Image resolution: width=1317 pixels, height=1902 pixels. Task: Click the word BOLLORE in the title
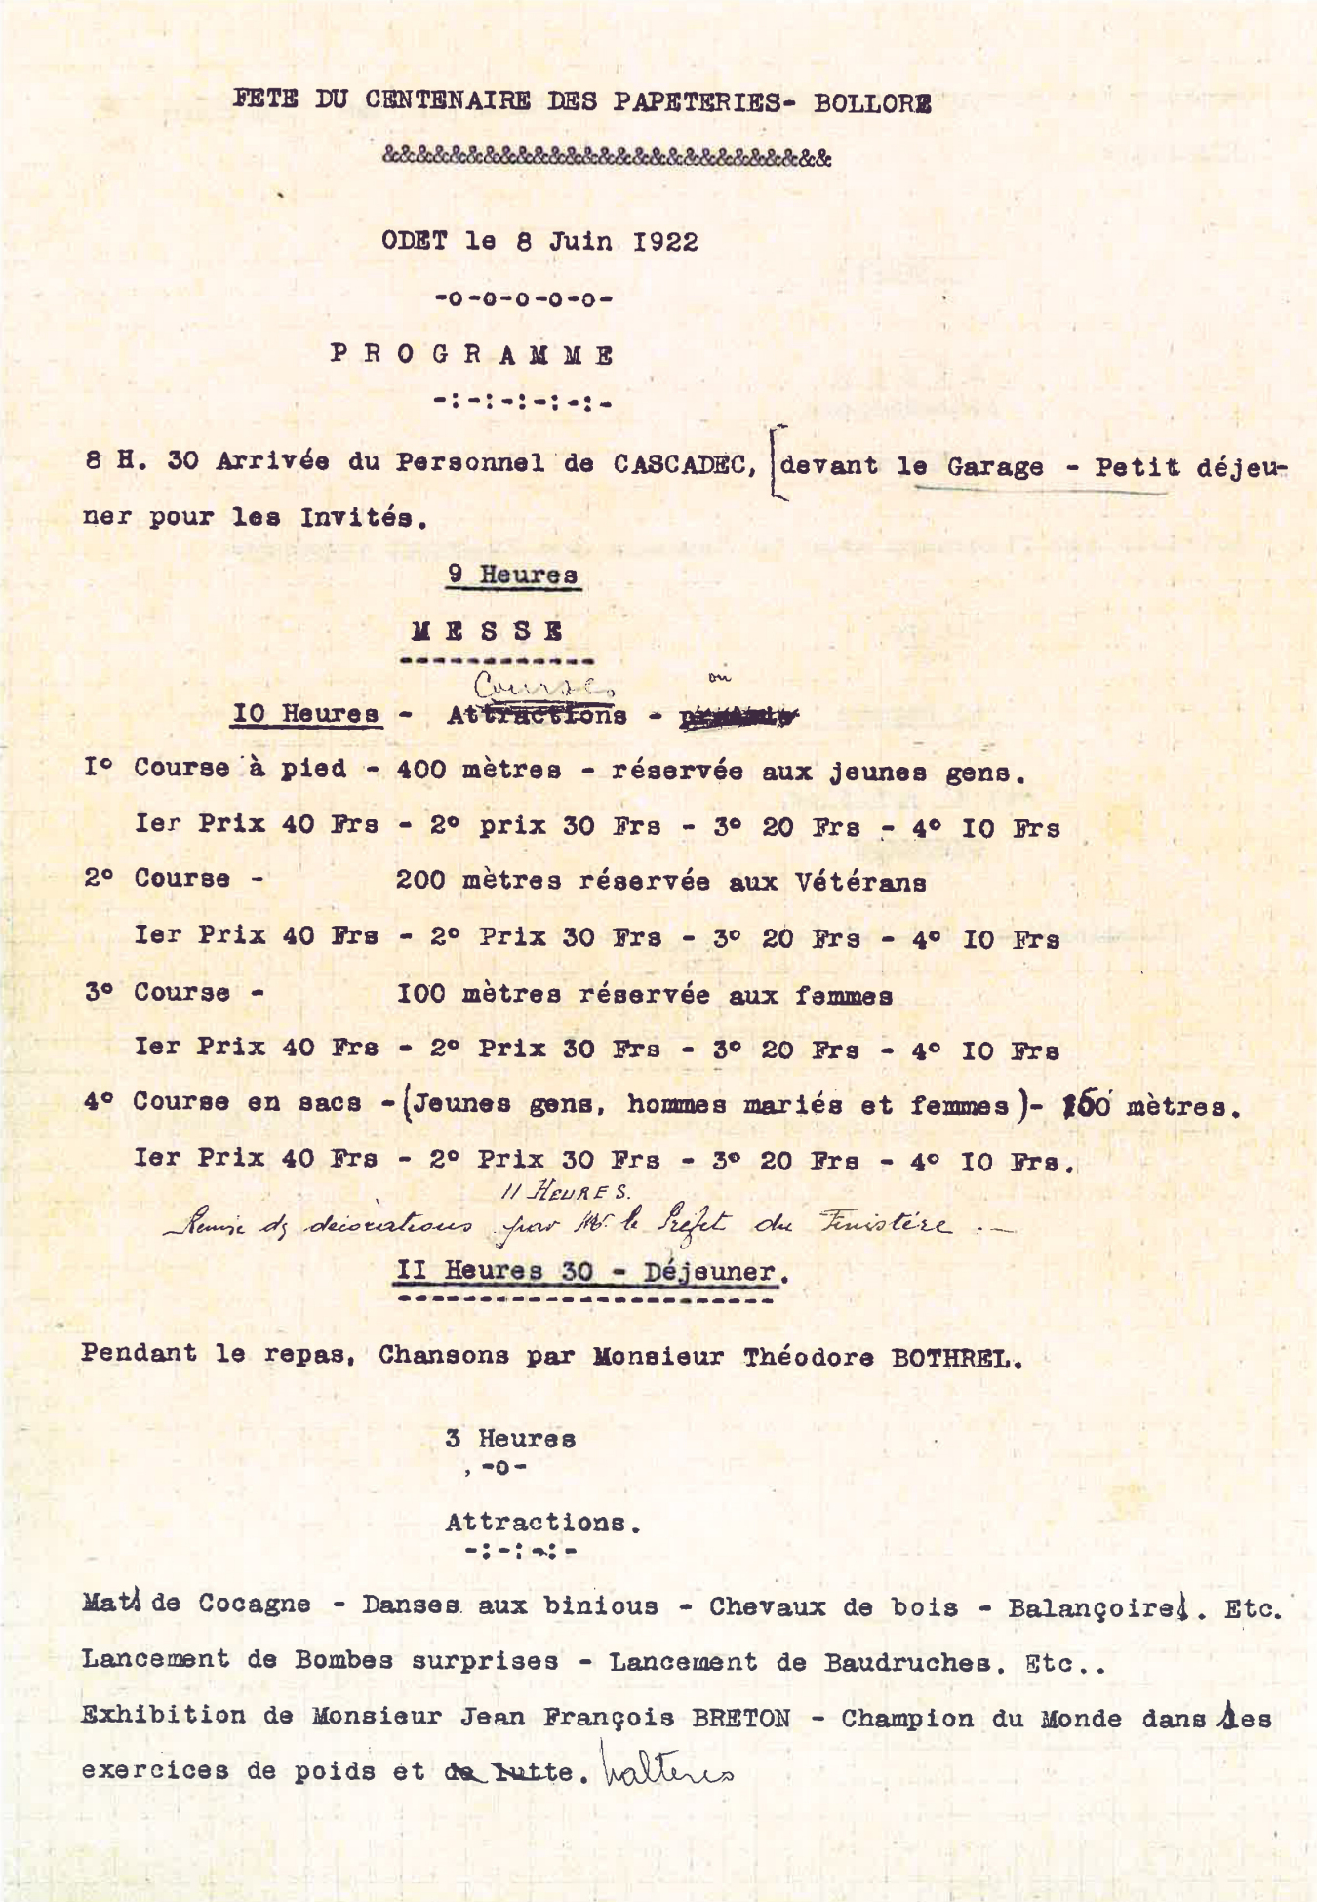click(871, 102)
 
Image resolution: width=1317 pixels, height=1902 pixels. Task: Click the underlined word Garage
click(994, 467)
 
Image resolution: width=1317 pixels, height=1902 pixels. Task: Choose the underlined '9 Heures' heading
click(512, 575)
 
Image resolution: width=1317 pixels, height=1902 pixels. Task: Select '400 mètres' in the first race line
click(478, 770)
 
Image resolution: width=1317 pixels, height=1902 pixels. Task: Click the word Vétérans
click(860, 882)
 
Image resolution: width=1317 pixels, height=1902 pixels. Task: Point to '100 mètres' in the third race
click(478, 995)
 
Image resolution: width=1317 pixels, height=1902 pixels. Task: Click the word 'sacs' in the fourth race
click(330, 1103)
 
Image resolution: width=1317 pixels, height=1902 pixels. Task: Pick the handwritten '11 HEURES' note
click(566, 1192)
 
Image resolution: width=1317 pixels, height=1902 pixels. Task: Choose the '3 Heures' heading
click(510, 1439)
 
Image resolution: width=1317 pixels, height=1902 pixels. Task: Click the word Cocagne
click(255, 1605)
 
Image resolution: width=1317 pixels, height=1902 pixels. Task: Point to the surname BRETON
click(740, 1719)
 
